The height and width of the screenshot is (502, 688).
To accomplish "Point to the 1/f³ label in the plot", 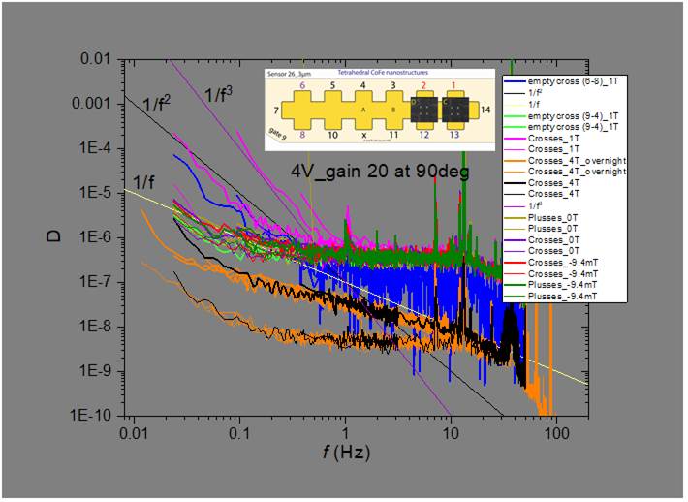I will pos(219,94).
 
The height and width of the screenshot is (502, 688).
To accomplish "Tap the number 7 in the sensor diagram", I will pos(276,111).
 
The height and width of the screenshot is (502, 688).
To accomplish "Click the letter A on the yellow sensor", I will pos(363,110).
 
